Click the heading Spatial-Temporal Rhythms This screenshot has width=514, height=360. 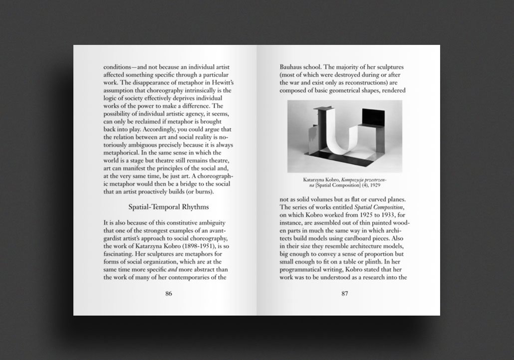point(168,206)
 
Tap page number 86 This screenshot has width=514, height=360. point(169,293)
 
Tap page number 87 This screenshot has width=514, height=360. point(344,293)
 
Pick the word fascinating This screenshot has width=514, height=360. point(120,252)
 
